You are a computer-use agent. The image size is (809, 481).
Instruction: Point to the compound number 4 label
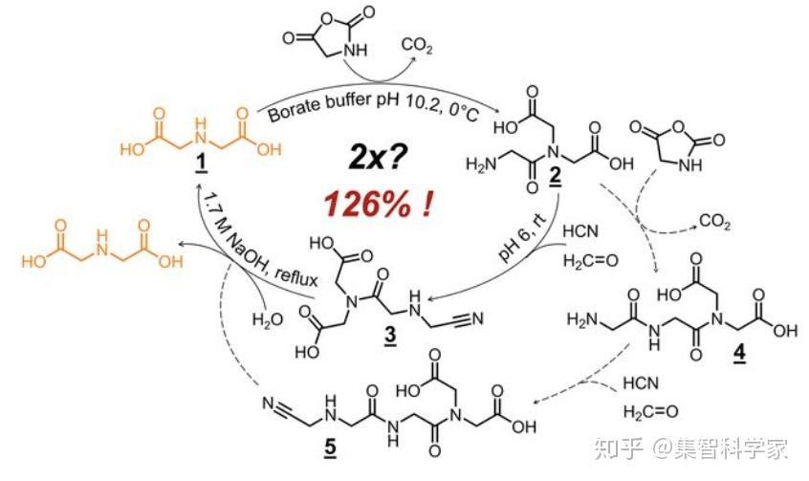(x=741, y=356)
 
